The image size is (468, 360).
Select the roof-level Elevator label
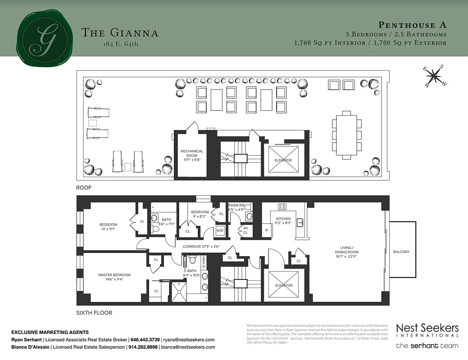point(283,160)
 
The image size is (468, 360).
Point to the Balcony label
point(401,252)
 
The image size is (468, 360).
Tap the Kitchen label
point(283,220)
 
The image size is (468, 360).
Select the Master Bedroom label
point(114,277)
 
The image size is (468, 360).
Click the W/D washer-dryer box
point(220,230)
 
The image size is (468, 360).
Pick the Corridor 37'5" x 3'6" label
point(201,247)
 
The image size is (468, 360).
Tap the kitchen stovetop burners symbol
point(282,207)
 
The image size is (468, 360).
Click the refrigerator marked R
point(266,230)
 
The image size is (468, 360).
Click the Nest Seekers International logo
point(427,330)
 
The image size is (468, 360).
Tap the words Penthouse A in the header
point(412,25)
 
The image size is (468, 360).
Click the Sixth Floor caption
point(94,313)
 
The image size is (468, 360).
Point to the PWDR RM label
point(236,207)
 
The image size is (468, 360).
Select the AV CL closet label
point(245,230)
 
